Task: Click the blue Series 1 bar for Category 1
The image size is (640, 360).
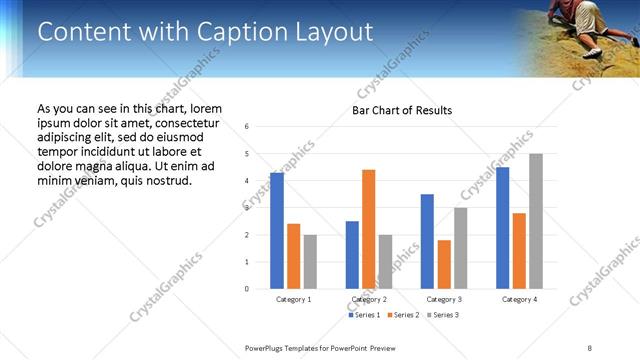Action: (277, 231)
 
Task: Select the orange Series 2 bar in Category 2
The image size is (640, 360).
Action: (368, 229)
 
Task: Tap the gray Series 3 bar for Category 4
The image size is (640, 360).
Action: (536, 221)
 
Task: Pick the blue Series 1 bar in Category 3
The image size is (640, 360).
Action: (427, 241)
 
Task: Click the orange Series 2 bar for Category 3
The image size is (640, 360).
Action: (444, 264)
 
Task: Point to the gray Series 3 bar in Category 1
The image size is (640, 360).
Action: (310, 262)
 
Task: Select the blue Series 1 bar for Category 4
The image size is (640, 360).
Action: (502, 228)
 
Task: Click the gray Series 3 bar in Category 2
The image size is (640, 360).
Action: (385, 262)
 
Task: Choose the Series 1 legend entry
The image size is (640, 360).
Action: (365, 315)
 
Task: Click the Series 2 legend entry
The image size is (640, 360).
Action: (404, 315)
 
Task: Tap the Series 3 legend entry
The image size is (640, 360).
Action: (443, 315)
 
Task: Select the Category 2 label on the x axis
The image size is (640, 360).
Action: (368, 299)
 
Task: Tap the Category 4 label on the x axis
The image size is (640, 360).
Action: (519, 299)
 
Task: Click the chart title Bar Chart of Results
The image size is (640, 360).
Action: (402, 110)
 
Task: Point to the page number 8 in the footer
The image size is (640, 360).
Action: (589, 347)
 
